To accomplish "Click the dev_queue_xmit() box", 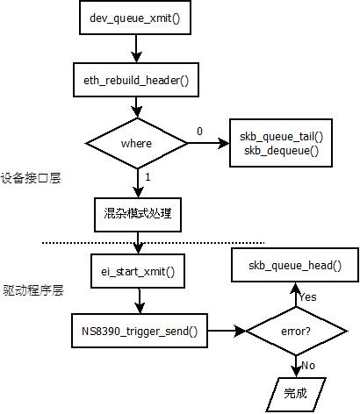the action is [x=135, y=18].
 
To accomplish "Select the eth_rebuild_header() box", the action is [x=136, y=80].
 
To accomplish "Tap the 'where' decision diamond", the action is [x=137, y=143].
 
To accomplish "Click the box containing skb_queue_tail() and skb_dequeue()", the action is [x=281, y=143].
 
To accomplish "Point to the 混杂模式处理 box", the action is [x=138, y=215].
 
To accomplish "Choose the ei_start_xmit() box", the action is [x=138, y=271].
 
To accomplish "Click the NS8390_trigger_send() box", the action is [x=140, y=331].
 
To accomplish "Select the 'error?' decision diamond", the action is [x=296, y=331].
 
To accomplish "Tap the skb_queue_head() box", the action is [x=295, y=265].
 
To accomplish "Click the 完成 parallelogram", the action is [x=296, y=395].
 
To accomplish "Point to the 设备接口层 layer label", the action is [x=31, y=178].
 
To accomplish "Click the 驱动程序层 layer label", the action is [x=33, y=290].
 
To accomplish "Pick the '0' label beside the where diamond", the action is [x=199, y=132].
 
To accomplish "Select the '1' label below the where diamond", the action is [x=148, y=177].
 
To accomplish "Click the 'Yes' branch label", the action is [x=308, y=297].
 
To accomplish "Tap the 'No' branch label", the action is [x=308, y=366].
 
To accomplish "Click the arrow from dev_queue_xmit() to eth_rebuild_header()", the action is [x=136, y=48].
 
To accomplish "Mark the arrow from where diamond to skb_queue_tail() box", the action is [x=209, y=143].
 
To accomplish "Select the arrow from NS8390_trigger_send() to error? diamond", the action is [x=227, y=331].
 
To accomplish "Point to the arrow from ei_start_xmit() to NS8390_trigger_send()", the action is [x=140, y=301].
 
